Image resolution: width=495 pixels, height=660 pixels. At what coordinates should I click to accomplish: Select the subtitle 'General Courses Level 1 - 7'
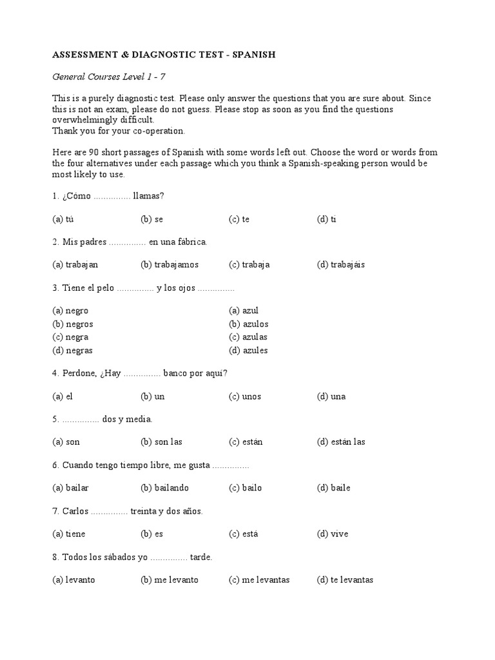(109, 77)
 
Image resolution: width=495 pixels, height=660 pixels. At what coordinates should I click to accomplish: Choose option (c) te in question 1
(239, 219)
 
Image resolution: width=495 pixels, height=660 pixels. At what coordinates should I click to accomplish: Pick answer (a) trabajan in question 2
(75, 264)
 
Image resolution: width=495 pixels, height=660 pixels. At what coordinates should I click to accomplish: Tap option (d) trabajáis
(341, 264)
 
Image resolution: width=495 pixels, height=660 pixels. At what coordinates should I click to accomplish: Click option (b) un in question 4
(153, 396)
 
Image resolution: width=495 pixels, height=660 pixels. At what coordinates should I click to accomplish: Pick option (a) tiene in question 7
(69, 534)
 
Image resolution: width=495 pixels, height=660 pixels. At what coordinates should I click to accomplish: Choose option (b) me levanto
(170, 579)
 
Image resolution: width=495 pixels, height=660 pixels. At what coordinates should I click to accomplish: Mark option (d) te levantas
(345, 579)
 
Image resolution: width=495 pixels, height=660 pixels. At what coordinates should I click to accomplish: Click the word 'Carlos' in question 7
(75, 511)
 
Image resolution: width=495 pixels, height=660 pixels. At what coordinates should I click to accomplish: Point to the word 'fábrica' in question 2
(191, 242)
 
